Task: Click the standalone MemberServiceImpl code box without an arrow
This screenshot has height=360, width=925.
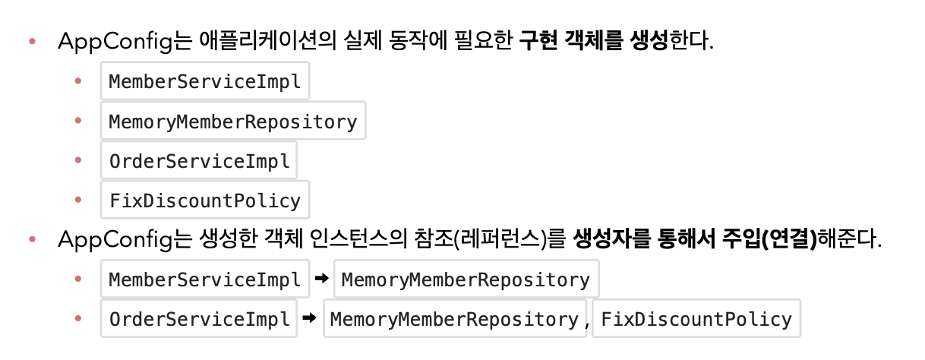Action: tap(205, 81)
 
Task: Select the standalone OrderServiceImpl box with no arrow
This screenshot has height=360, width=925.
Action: tap(199, 161)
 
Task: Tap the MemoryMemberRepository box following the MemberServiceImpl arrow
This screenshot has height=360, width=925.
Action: tap(466, 279)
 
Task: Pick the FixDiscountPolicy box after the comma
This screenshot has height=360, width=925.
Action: tap(696, 319)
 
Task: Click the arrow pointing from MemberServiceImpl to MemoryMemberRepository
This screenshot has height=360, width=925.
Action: tap(321, 279)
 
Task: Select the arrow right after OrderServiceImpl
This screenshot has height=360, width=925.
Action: tap(309, 319)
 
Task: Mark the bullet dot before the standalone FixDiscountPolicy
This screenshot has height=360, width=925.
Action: tap(79, 201)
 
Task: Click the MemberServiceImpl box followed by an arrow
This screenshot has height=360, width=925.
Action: tap(205, 279)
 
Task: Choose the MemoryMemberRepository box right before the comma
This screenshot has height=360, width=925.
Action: tap(454, 319)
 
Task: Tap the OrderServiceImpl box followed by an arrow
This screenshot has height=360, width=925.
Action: tap(199, 319)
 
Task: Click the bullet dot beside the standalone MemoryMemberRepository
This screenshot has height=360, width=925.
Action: tap(79, 121)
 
